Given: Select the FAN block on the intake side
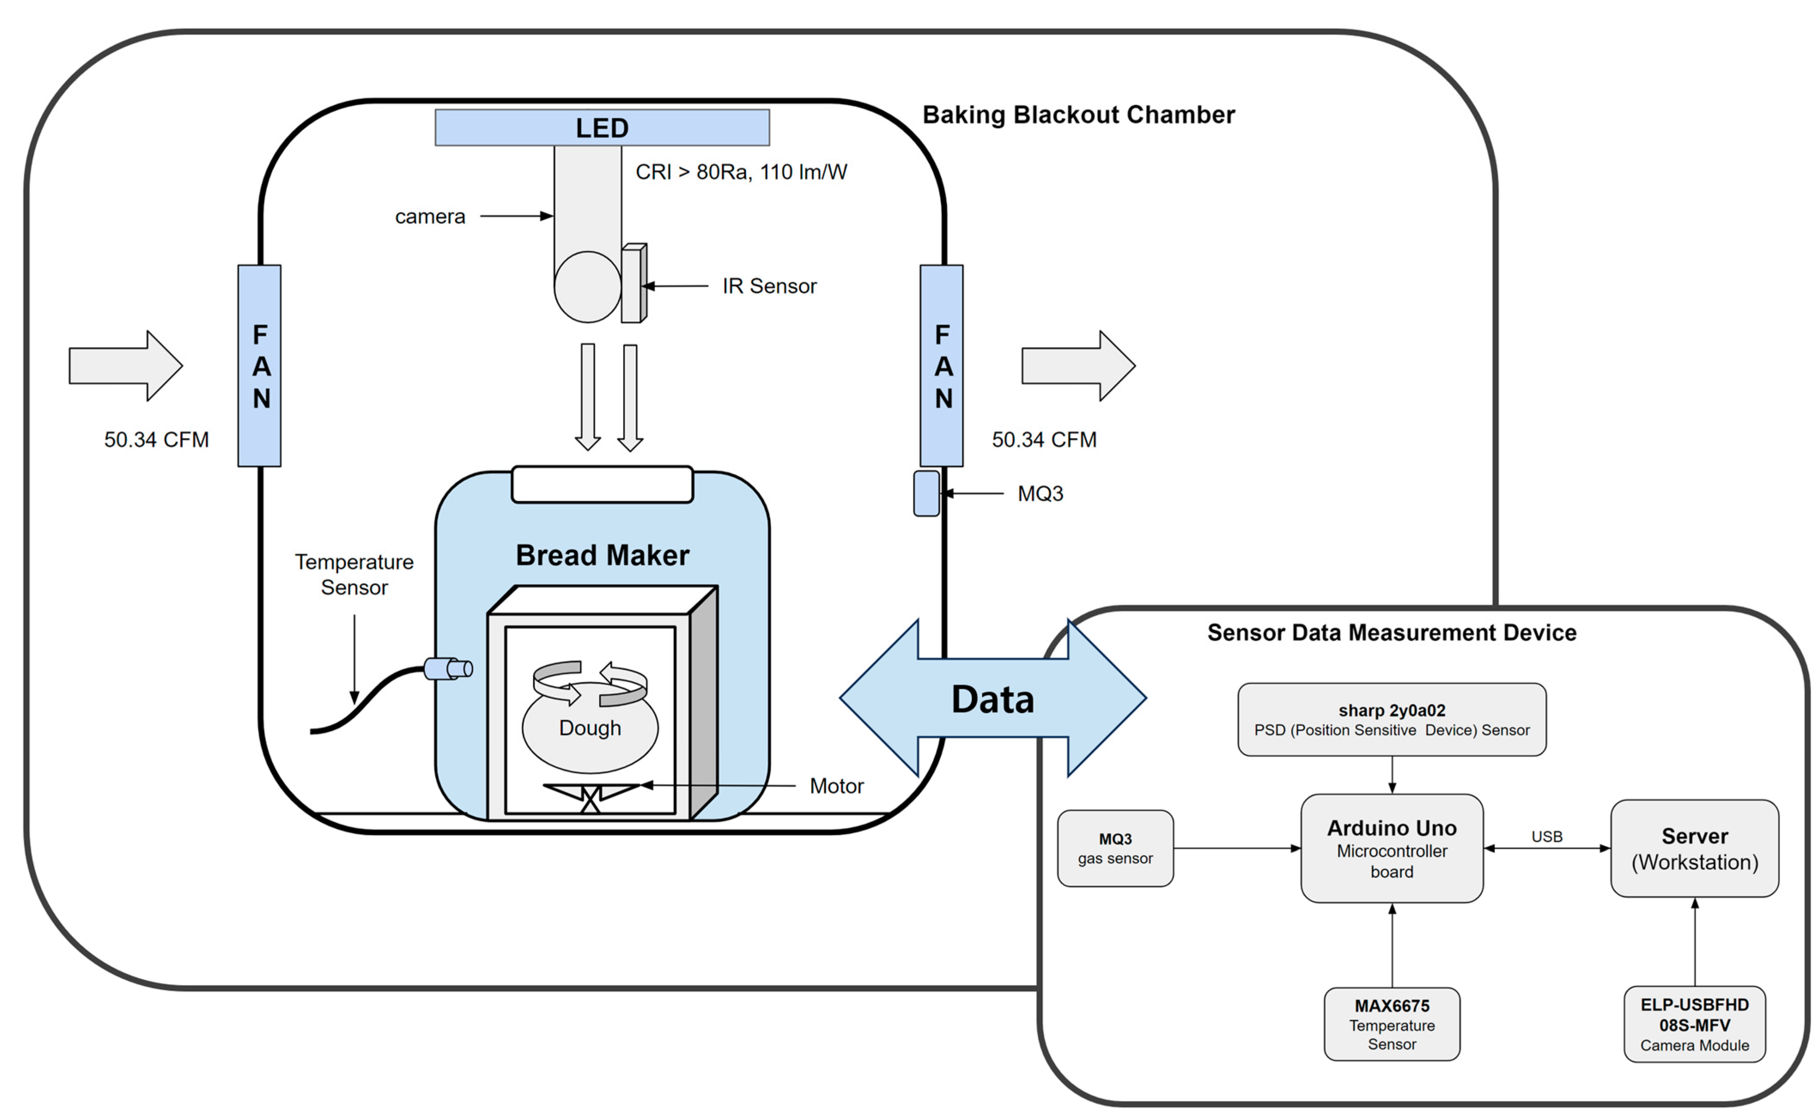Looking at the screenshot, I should pyautogui.click(x=260, y=365).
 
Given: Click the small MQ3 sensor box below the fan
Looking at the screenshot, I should pyautogui.click(x=926, y=494).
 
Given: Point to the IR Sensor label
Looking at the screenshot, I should pyautogui.click(x=769, y=286).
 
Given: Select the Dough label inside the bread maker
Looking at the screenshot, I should pyautogui.click(x=590, y=728).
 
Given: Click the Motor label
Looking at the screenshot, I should pyautogui.click(x=836, y=786).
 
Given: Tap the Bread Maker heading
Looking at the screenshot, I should pyautogui.click(x=602, y=555).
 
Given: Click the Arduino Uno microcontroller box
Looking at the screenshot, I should pyautogui.click(x=1392, y=848).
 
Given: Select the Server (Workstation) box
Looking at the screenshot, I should pyautogui.click(x=1694, y=848).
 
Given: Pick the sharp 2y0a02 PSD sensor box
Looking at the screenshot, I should pyautogui.click(x=1392, y=719).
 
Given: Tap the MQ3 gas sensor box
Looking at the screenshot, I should pyautogui.click(x=1115, y=848).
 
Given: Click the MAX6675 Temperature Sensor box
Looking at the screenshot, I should pyautogui.click(x=1392, y=1024).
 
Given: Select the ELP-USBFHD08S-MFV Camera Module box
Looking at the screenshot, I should pyautogui.click(x=1694, y=1024).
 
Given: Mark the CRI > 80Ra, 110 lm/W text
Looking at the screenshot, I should pyautogui.click(x=740, y=173).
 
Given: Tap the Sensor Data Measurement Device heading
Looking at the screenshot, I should pyautogui.click(x=1392, y=633).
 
